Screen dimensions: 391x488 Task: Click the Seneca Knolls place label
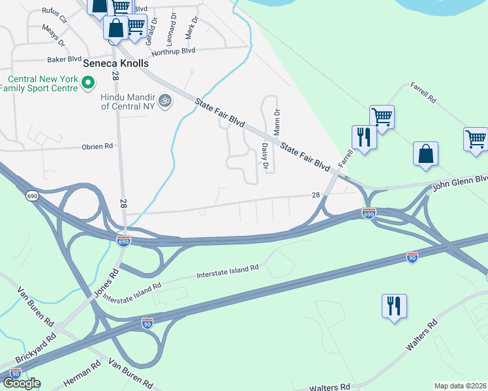[116, 64]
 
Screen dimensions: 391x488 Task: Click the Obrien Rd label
[97, 147]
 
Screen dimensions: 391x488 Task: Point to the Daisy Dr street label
[265, 156]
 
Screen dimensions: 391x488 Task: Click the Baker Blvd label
[63, 59]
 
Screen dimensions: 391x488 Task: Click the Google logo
[21, 383]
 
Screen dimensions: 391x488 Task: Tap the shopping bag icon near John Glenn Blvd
[425, 154]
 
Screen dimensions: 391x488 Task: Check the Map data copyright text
[461, 386]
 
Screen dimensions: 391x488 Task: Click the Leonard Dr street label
[172, 24]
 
